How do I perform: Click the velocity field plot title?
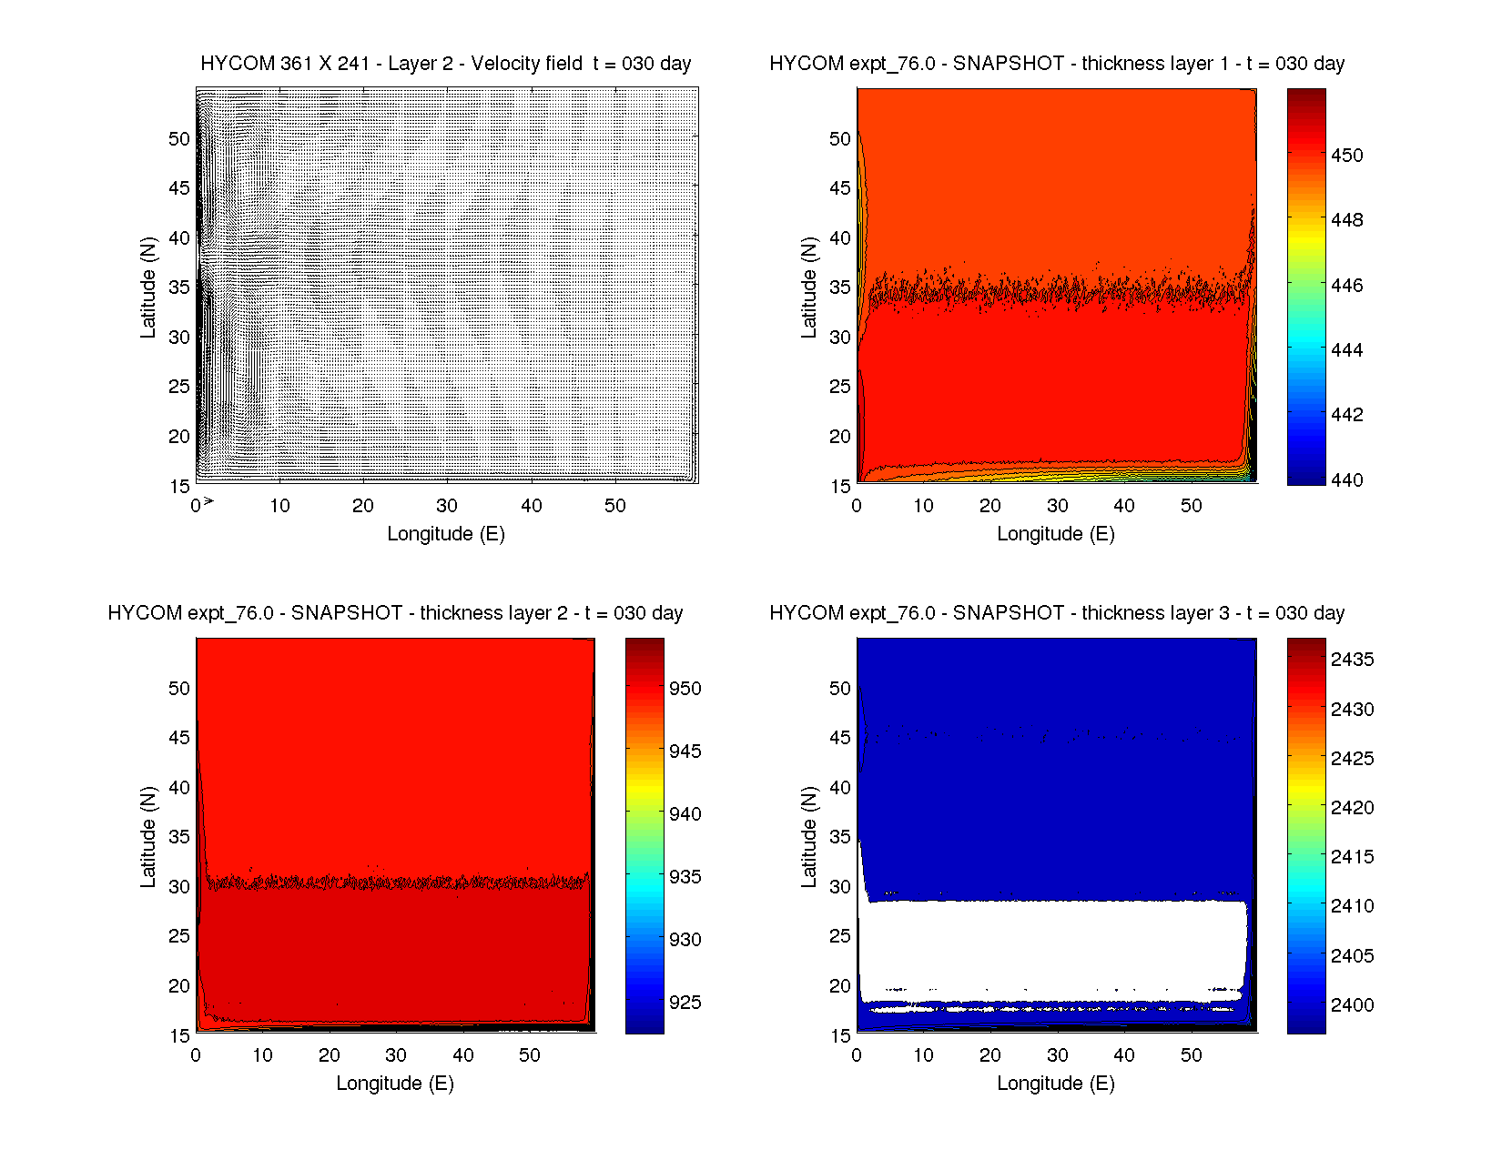[445, 64]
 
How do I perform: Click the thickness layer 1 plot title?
[1056, 64]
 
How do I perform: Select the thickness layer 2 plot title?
[395, 613]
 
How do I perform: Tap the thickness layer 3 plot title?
[1056, 613]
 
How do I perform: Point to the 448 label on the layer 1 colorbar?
[1346, 220]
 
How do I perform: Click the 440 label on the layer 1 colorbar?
[1346, 479]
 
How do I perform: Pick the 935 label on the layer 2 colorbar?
[685, 877]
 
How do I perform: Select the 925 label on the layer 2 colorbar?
[685, 1003]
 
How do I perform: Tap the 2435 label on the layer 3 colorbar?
[1352, 660]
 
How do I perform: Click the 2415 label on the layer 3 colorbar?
[1352, 857]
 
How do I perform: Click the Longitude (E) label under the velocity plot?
[445, 534]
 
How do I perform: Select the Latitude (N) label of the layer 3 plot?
[808, 837]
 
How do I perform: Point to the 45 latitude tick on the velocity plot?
[178, 188]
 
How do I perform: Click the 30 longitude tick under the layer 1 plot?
[1057, 506]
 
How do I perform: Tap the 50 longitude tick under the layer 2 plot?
[530, 1055]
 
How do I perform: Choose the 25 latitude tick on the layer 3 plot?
[839, 936]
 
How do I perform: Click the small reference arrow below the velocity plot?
[208, 500]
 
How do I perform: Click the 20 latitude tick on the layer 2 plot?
[178, 986]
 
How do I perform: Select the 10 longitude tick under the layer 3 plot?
[923, 1055]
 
